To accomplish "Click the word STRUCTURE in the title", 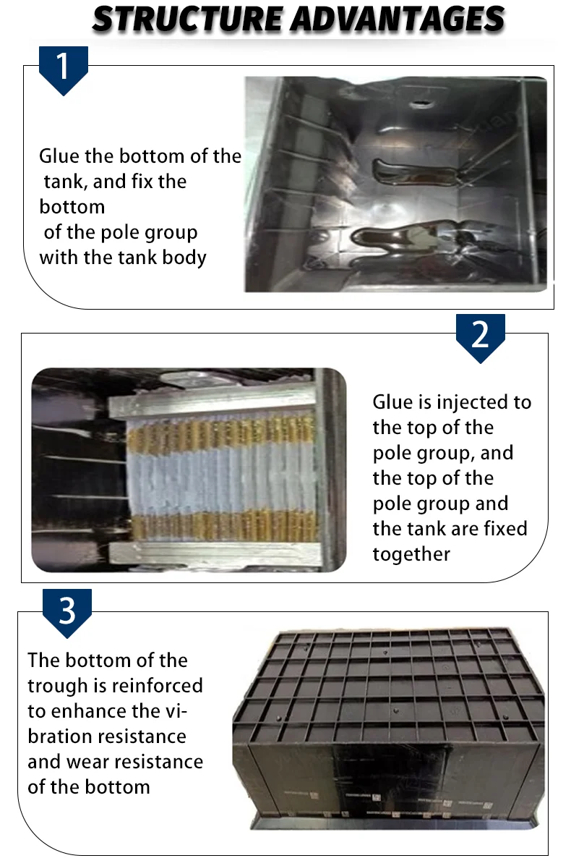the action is coord(188,20).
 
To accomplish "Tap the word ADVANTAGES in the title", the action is coord(398,20).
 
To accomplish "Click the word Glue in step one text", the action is coord(59,156).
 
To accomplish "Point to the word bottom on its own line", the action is coord(72,207).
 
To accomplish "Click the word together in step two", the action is coord(411,554).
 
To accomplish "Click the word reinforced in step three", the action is coord(157,686).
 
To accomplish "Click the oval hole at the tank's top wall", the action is coord(421,104).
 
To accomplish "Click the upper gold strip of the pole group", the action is coord(221,430).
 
